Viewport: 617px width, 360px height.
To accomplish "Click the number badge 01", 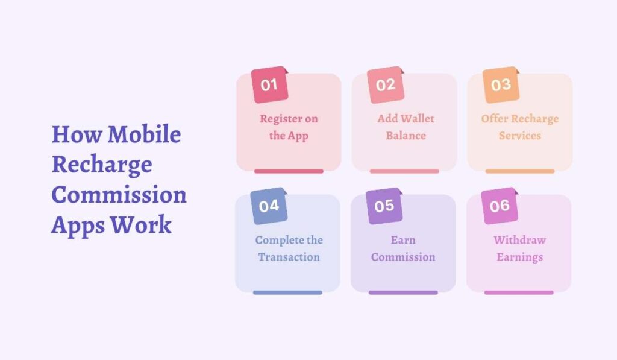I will pos(269,85).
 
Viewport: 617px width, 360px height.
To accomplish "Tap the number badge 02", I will pos(385,85).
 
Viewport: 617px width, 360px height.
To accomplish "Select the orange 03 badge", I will pos(501,85).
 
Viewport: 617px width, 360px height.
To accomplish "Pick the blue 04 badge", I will pos(269,206).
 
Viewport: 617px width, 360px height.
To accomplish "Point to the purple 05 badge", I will pos(384,206).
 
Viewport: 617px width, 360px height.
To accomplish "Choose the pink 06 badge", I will pos(500,206).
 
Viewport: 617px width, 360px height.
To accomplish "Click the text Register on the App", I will pos(289,127).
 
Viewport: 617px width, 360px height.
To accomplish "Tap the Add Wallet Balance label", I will pos(406,127).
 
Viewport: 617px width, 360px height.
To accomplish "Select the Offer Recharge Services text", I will pos(520,127).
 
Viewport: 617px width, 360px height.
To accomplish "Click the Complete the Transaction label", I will pos(289,248).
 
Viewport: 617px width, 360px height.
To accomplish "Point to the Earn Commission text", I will pos(403,248).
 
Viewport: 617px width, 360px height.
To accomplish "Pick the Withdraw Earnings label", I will pos(519,248).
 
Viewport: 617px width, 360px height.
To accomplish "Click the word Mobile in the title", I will pos(144,134).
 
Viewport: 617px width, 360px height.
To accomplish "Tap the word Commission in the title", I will pos(119,195).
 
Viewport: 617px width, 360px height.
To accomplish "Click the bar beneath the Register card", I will pos(289,171).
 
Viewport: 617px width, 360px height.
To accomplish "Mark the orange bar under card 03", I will pos(520,171).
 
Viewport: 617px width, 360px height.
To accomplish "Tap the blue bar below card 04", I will pos(287,292).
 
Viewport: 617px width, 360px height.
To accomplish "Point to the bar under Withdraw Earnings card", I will pos(519,292).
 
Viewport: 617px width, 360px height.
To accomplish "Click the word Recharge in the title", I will pos(101,165).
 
